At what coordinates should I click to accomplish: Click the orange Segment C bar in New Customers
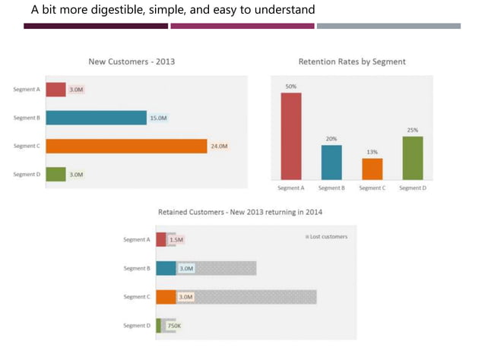126,146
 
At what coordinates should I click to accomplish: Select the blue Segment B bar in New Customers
96,118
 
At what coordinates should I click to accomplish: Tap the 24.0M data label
218,146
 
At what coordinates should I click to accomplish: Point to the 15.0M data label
157,118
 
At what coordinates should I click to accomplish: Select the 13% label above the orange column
372,152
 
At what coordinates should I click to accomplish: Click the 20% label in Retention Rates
331,139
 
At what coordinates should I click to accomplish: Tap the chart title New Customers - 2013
132,62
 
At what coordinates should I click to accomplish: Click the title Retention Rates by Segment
352,62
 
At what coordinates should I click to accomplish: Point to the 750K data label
174,326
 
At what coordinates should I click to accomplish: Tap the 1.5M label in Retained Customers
176,240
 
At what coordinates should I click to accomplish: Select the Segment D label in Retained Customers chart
136,326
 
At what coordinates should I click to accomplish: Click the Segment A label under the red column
291,188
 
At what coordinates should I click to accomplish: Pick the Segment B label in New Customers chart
27,118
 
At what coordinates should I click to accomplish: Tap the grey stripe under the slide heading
388,26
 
